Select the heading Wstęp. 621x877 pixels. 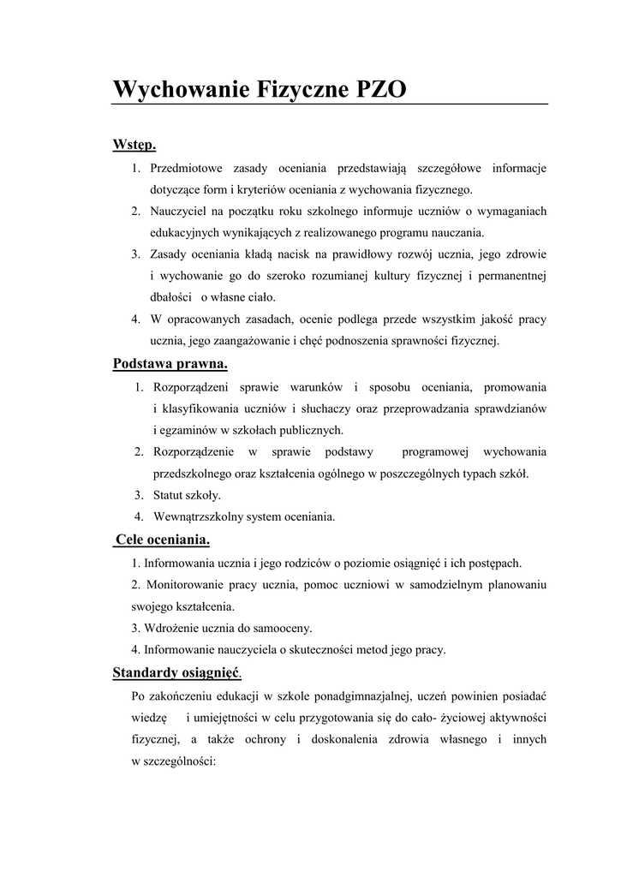134,145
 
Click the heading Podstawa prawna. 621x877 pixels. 170,364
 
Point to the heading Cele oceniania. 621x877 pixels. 163,540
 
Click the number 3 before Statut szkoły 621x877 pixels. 138,495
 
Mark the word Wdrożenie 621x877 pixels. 170,628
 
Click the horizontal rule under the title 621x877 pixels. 329,104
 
